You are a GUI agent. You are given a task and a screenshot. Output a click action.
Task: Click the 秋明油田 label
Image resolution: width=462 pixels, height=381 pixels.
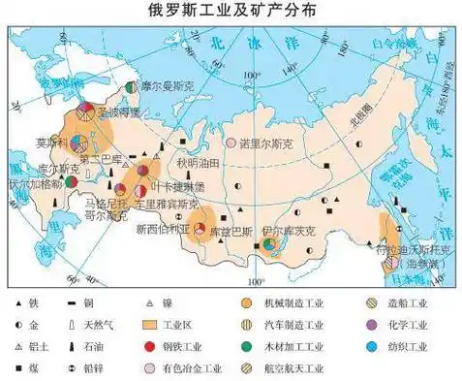pos(200,163)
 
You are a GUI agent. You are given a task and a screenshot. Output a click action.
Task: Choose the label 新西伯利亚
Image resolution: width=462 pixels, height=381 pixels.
pos(159,229)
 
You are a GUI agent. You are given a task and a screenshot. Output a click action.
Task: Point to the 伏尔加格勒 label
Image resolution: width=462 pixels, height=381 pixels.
pos(35,182)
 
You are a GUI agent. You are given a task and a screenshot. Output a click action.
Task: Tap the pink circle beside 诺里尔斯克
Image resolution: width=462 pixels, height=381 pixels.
pos(231,143)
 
